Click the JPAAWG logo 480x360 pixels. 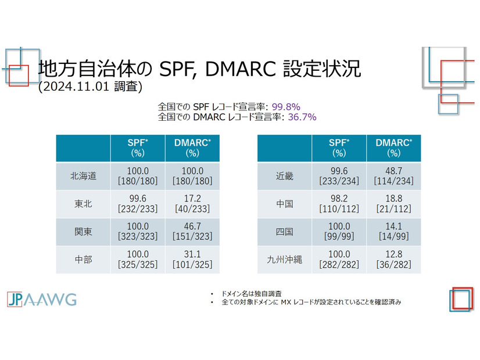[x=41, y=299]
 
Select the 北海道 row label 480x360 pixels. [x=83, y=176]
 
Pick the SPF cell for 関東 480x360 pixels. [x=138, y=232]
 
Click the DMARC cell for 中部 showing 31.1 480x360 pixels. [x=192, y=260]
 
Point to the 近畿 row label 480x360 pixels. [x=285, y=176]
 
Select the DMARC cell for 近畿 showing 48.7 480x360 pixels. [x=394, y=176]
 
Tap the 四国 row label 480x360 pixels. [x=285, y=232]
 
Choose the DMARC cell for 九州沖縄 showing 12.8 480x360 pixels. [x=394, y=260]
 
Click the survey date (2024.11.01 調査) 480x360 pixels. [x=89, y=87]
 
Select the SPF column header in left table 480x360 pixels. [x=138, y=148]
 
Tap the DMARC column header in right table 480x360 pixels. [x=394, y=148]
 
